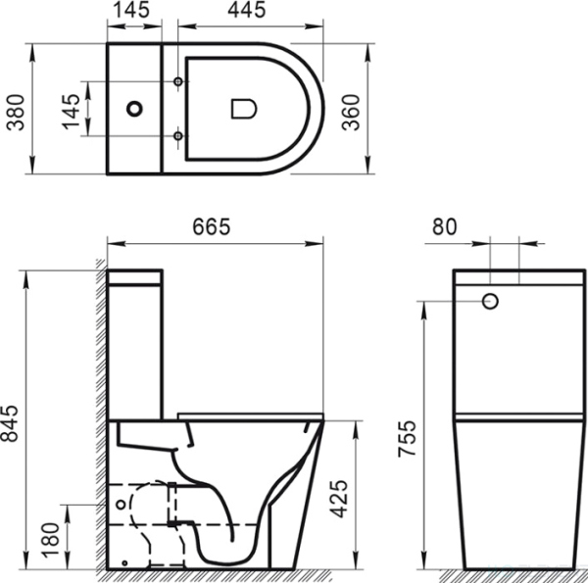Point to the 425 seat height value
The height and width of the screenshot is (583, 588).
(x=365, y=495)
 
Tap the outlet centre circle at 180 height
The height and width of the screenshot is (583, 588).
(x=120, y=505)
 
